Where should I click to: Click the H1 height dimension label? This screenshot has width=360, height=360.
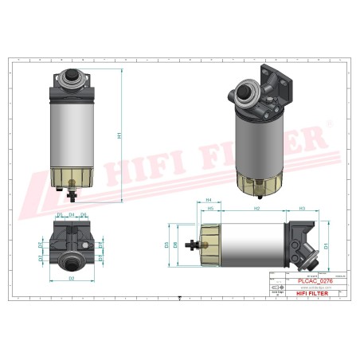point(119,135)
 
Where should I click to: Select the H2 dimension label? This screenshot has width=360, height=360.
point(256,209)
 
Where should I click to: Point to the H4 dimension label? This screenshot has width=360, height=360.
point(209,200)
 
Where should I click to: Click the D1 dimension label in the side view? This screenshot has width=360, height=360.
point(326,246)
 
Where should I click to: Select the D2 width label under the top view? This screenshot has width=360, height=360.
point(71,279)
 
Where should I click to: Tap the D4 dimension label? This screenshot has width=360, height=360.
point(72,216)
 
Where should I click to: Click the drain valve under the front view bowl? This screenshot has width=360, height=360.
point(71,189)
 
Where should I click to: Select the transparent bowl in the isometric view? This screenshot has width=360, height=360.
point(261,182)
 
